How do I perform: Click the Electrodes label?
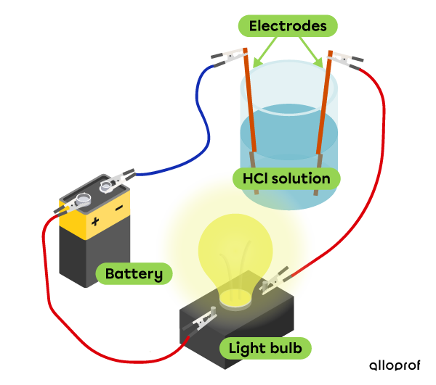coord(287,26)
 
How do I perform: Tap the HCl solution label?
coord(286,178)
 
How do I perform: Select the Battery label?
coord(134,274)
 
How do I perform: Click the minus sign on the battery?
coord(118,208)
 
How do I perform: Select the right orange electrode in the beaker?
coord(324,109)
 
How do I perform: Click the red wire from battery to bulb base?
coord(51,290)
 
